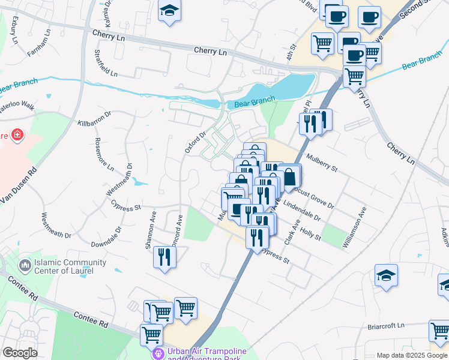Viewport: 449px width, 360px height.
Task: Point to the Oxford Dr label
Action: coord(195,142)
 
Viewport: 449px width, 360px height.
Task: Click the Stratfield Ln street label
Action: coord(105,63)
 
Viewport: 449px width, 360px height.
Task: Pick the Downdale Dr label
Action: coord(106,237)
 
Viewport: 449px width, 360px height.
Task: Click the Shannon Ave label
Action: coord(149,230)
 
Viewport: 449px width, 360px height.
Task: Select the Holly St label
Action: coord(311,233)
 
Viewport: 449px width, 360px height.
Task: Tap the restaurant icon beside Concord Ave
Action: coord(163,257)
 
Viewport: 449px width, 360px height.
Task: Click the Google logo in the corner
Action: coord(20,353)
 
